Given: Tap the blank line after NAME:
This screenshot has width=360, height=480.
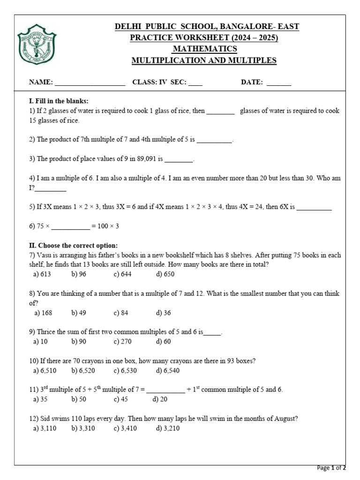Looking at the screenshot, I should tap(90, 83).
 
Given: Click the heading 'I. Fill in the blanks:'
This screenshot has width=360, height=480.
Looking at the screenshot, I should tap(59, 101).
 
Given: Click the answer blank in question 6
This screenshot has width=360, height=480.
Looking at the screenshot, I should tap(70, 226).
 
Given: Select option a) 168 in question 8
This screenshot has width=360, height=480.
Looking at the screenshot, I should tap(43, 313).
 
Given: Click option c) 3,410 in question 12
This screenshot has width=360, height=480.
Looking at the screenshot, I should tap(125, 428).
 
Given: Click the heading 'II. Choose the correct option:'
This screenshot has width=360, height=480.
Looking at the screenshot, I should tap(73, 246).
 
